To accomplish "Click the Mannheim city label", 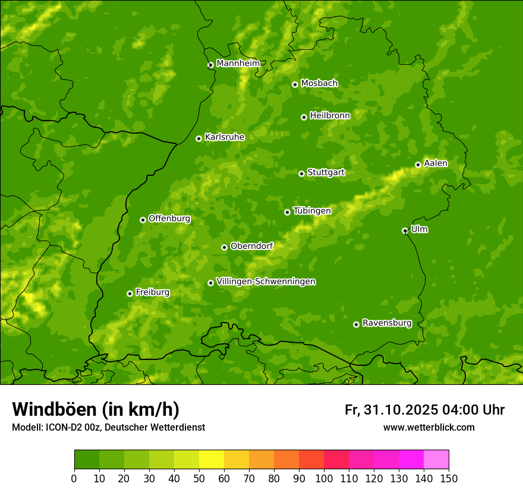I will coord(238,64).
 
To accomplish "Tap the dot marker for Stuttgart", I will coord(301,173).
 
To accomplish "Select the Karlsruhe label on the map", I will coord(224,137).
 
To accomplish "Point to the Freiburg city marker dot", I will coord(130,293).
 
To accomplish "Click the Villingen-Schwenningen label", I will coord(266,282).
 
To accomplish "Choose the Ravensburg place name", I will coord(387,323).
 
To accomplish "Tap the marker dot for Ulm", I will coord(405,230).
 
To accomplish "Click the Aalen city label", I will coord(436,163).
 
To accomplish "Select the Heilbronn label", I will coord(330,116).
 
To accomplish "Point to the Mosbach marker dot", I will coord(295,84).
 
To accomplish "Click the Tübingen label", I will coord(312,211).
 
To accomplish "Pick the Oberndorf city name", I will coord(251,246).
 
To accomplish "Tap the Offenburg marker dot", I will coord(143,220).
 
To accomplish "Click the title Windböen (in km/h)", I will coord(96,409).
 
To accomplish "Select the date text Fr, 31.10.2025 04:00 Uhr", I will coord(424,410).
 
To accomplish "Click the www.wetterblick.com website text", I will coord(429,427).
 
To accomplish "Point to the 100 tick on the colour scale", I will coord(324,478).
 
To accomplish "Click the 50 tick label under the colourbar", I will coord(199,478).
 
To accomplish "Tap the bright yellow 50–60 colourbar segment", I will coord(212,460).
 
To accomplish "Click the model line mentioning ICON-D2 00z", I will coord(108,427).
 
